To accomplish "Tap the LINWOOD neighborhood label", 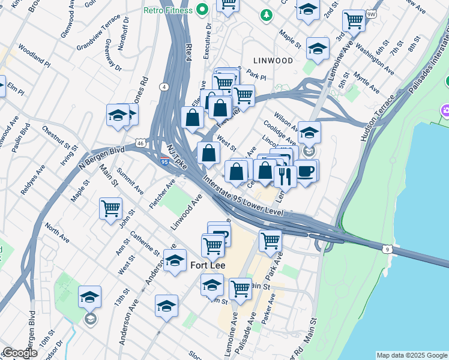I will [x=273, y=61].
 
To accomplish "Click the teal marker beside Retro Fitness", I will [x=202, y=9].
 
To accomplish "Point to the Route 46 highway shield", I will [x=139, y=143].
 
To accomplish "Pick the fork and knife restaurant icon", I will [x=285, y=175].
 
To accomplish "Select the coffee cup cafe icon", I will [x=305, y=170].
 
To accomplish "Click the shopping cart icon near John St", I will [x=110, y=209].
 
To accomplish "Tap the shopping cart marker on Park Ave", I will [x=270, y=241].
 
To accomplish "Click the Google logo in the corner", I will [x=20, y=353].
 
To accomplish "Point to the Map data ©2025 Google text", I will [x=411, y=355].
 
